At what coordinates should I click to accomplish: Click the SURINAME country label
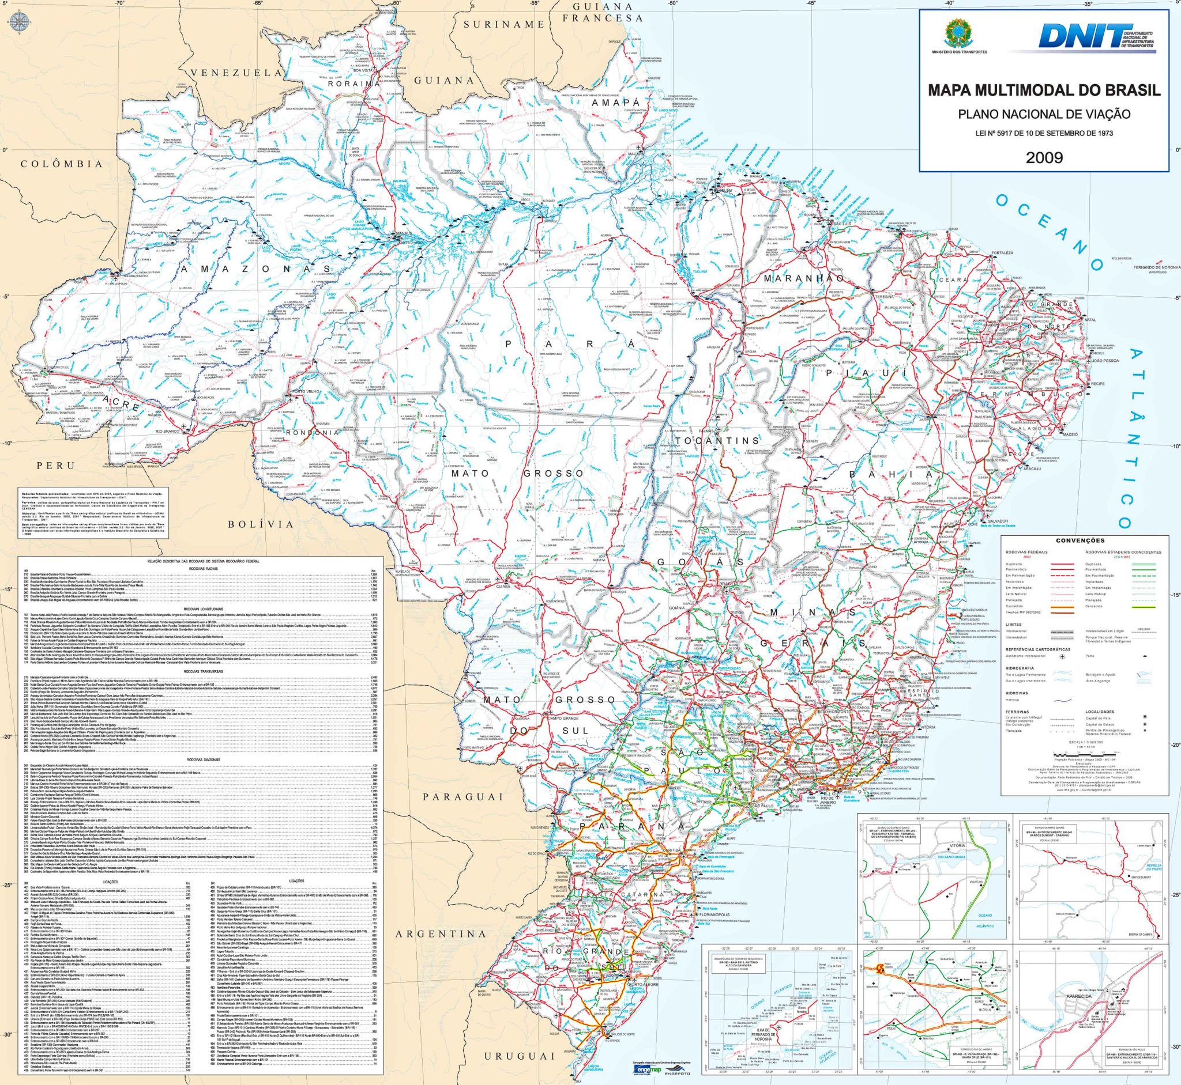click(x=504, y=24)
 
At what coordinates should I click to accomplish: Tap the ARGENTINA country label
click(x=441, y=933)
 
